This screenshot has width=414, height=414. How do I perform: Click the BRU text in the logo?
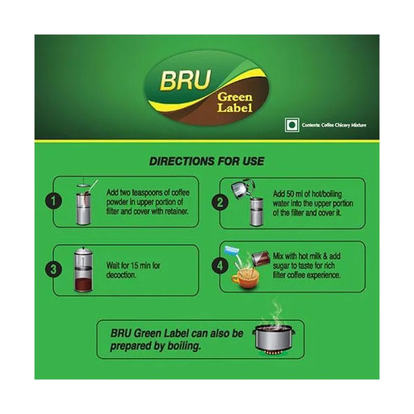click(x=186, y=80)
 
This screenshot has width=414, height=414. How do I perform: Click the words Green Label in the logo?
click(x=235, y=102)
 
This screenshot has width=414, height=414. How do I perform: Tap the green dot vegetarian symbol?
click(x=292, y=125)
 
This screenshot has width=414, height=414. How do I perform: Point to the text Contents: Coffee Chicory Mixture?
click(x=334, y=125)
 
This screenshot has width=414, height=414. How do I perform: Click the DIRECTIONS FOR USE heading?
click(x=206, y=161)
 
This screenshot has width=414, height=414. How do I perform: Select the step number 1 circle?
click(x=54, y=201)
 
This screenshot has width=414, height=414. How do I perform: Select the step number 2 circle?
click(x=220, y=203)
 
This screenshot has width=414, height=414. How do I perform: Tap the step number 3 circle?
click(x=54, y=270)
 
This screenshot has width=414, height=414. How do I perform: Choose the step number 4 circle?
click(x=220, y=265)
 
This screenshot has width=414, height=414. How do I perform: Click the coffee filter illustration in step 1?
click(x=84, y=203)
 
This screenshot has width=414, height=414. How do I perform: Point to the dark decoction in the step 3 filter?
click(x=83, y=284)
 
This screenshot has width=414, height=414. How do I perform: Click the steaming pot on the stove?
click(x=274, y=338)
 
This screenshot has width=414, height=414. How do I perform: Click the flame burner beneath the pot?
click(x=274, y=353)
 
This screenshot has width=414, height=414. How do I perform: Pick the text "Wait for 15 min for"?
click(x=133, y=265)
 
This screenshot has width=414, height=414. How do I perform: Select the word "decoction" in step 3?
click(x=121, y=275)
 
